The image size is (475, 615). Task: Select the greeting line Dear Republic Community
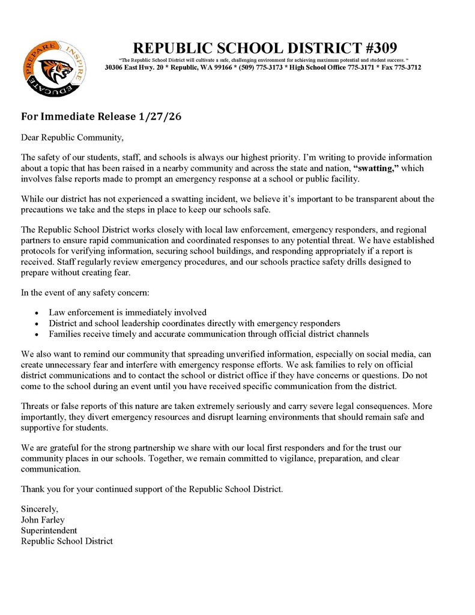72,138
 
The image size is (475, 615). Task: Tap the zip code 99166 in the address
192,68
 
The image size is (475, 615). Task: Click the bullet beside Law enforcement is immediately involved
37,313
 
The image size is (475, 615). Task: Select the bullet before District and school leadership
37,323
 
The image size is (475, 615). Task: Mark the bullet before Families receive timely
37,334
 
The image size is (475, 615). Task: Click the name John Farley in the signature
43,520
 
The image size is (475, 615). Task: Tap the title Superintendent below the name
49,530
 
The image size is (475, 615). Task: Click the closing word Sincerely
40,509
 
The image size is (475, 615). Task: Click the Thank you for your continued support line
152,488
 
